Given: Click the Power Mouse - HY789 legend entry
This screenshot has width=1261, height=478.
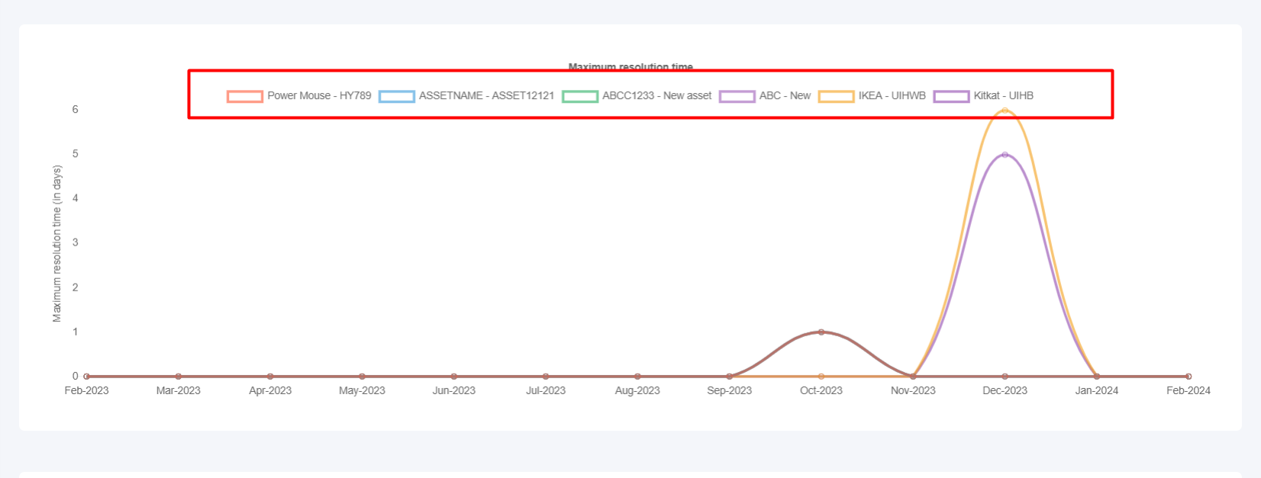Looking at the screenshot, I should pyautogui.click(x=299, y=96).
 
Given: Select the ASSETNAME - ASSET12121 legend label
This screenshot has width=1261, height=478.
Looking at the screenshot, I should pyautogui.click(x=466, y=96).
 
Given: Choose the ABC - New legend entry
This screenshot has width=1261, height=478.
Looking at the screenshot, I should pyautogui.click(x=765, y=96).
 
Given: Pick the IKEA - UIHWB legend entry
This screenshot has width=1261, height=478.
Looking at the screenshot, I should pyautogui.click(x=872, y=96).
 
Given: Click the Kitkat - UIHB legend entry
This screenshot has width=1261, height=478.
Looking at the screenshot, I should pyautogui.click(x=984, y=96).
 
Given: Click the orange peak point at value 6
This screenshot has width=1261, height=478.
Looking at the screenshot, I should pyautogui.click(x=1005, y=111).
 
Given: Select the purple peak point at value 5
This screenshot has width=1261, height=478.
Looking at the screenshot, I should pyautogui.click(x=1005, y=155).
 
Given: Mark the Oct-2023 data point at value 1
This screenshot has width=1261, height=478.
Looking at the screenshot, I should pyautogui.click(x=821, y=332).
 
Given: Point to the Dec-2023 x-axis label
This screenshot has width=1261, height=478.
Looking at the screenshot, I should pyautogui.click(x=1005, y=390).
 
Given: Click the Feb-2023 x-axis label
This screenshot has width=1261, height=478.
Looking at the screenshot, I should pyautogui.click(x=86, y=390).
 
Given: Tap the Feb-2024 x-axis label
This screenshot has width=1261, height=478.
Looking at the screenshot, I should pyautogui.click(x=1188, y=390).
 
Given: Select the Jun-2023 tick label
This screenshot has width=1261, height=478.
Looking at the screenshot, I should pyautogui.click(x=453, y=390).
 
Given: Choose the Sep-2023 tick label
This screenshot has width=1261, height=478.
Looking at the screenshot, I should pyautogui.click(x=729, y=390).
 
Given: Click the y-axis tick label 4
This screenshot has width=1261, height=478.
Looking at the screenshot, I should pyautogui.click(x=76, y=198).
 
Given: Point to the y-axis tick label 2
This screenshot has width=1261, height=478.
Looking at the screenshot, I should pyautogui.click(x=76, y=287).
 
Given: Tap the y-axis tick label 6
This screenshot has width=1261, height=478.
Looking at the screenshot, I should pyautogui.click(x=76, y=110).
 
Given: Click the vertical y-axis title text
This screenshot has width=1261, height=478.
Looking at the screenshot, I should pyautogui.click(x=57, y=244).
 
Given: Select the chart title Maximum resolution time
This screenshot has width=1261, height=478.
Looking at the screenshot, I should pyautogui.click(x=630, y=67).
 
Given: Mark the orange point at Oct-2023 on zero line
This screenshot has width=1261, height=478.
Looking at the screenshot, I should pyautogui.click(x=821, y=377).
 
